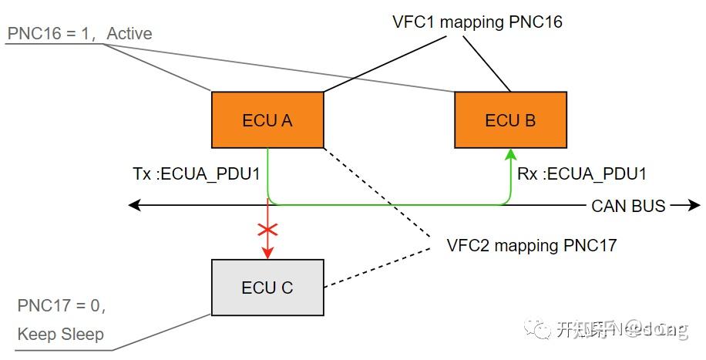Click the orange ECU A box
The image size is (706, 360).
tap(267, 120)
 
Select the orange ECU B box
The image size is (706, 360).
tap(510, 120)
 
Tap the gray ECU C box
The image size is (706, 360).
tap(267, 288)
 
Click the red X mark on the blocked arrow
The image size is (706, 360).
tap(267, 230)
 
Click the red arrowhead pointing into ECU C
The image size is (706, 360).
tap(267, 254)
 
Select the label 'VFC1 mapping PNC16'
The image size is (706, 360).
tap(476, 22)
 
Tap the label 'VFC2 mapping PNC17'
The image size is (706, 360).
tap(532, 246)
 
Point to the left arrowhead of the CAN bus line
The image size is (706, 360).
tap(134, 206)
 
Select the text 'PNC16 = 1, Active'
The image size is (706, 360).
tap(80, 33)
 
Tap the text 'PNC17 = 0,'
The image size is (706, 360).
tap(61, 306)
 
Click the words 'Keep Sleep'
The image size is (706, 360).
tap(60, 335)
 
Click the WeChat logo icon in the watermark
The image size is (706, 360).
tap(537, 329)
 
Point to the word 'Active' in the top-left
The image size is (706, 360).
tap(129, 33)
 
